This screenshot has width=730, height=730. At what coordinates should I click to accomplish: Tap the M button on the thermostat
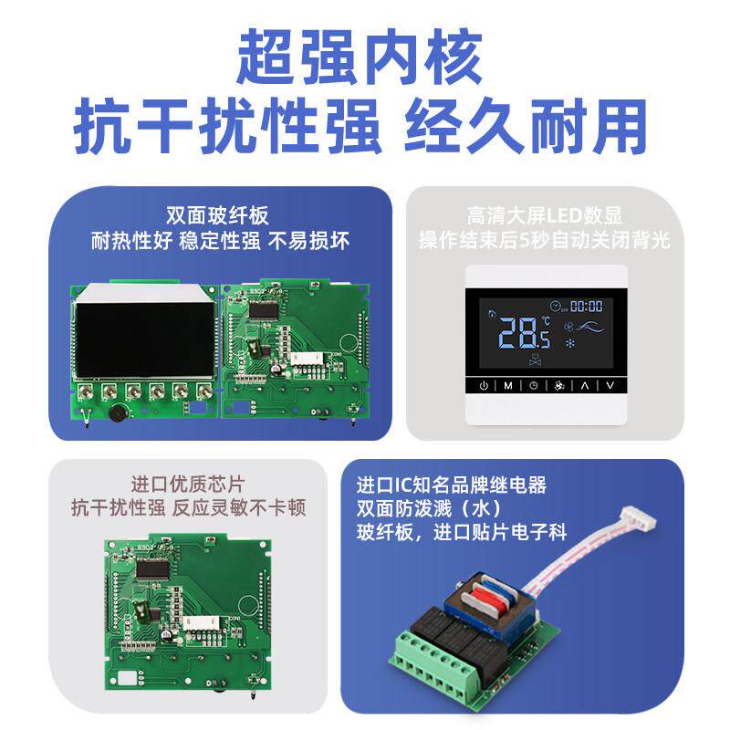point(508,385)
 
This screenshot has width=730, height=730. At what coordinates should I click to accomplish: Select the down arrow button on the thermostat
point(610,385)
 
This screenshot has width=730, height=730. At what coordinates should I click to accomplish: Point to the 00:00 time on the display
point(586,307)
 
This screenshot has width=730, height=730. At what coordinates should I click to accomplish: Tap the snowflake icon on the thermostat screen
point(572,345)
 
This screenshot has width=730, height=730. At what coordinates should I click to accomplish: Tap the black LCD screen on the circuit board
point(146,340)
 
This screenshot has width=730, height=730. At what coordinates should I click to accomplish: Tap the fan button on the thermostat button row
point(559,385)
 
